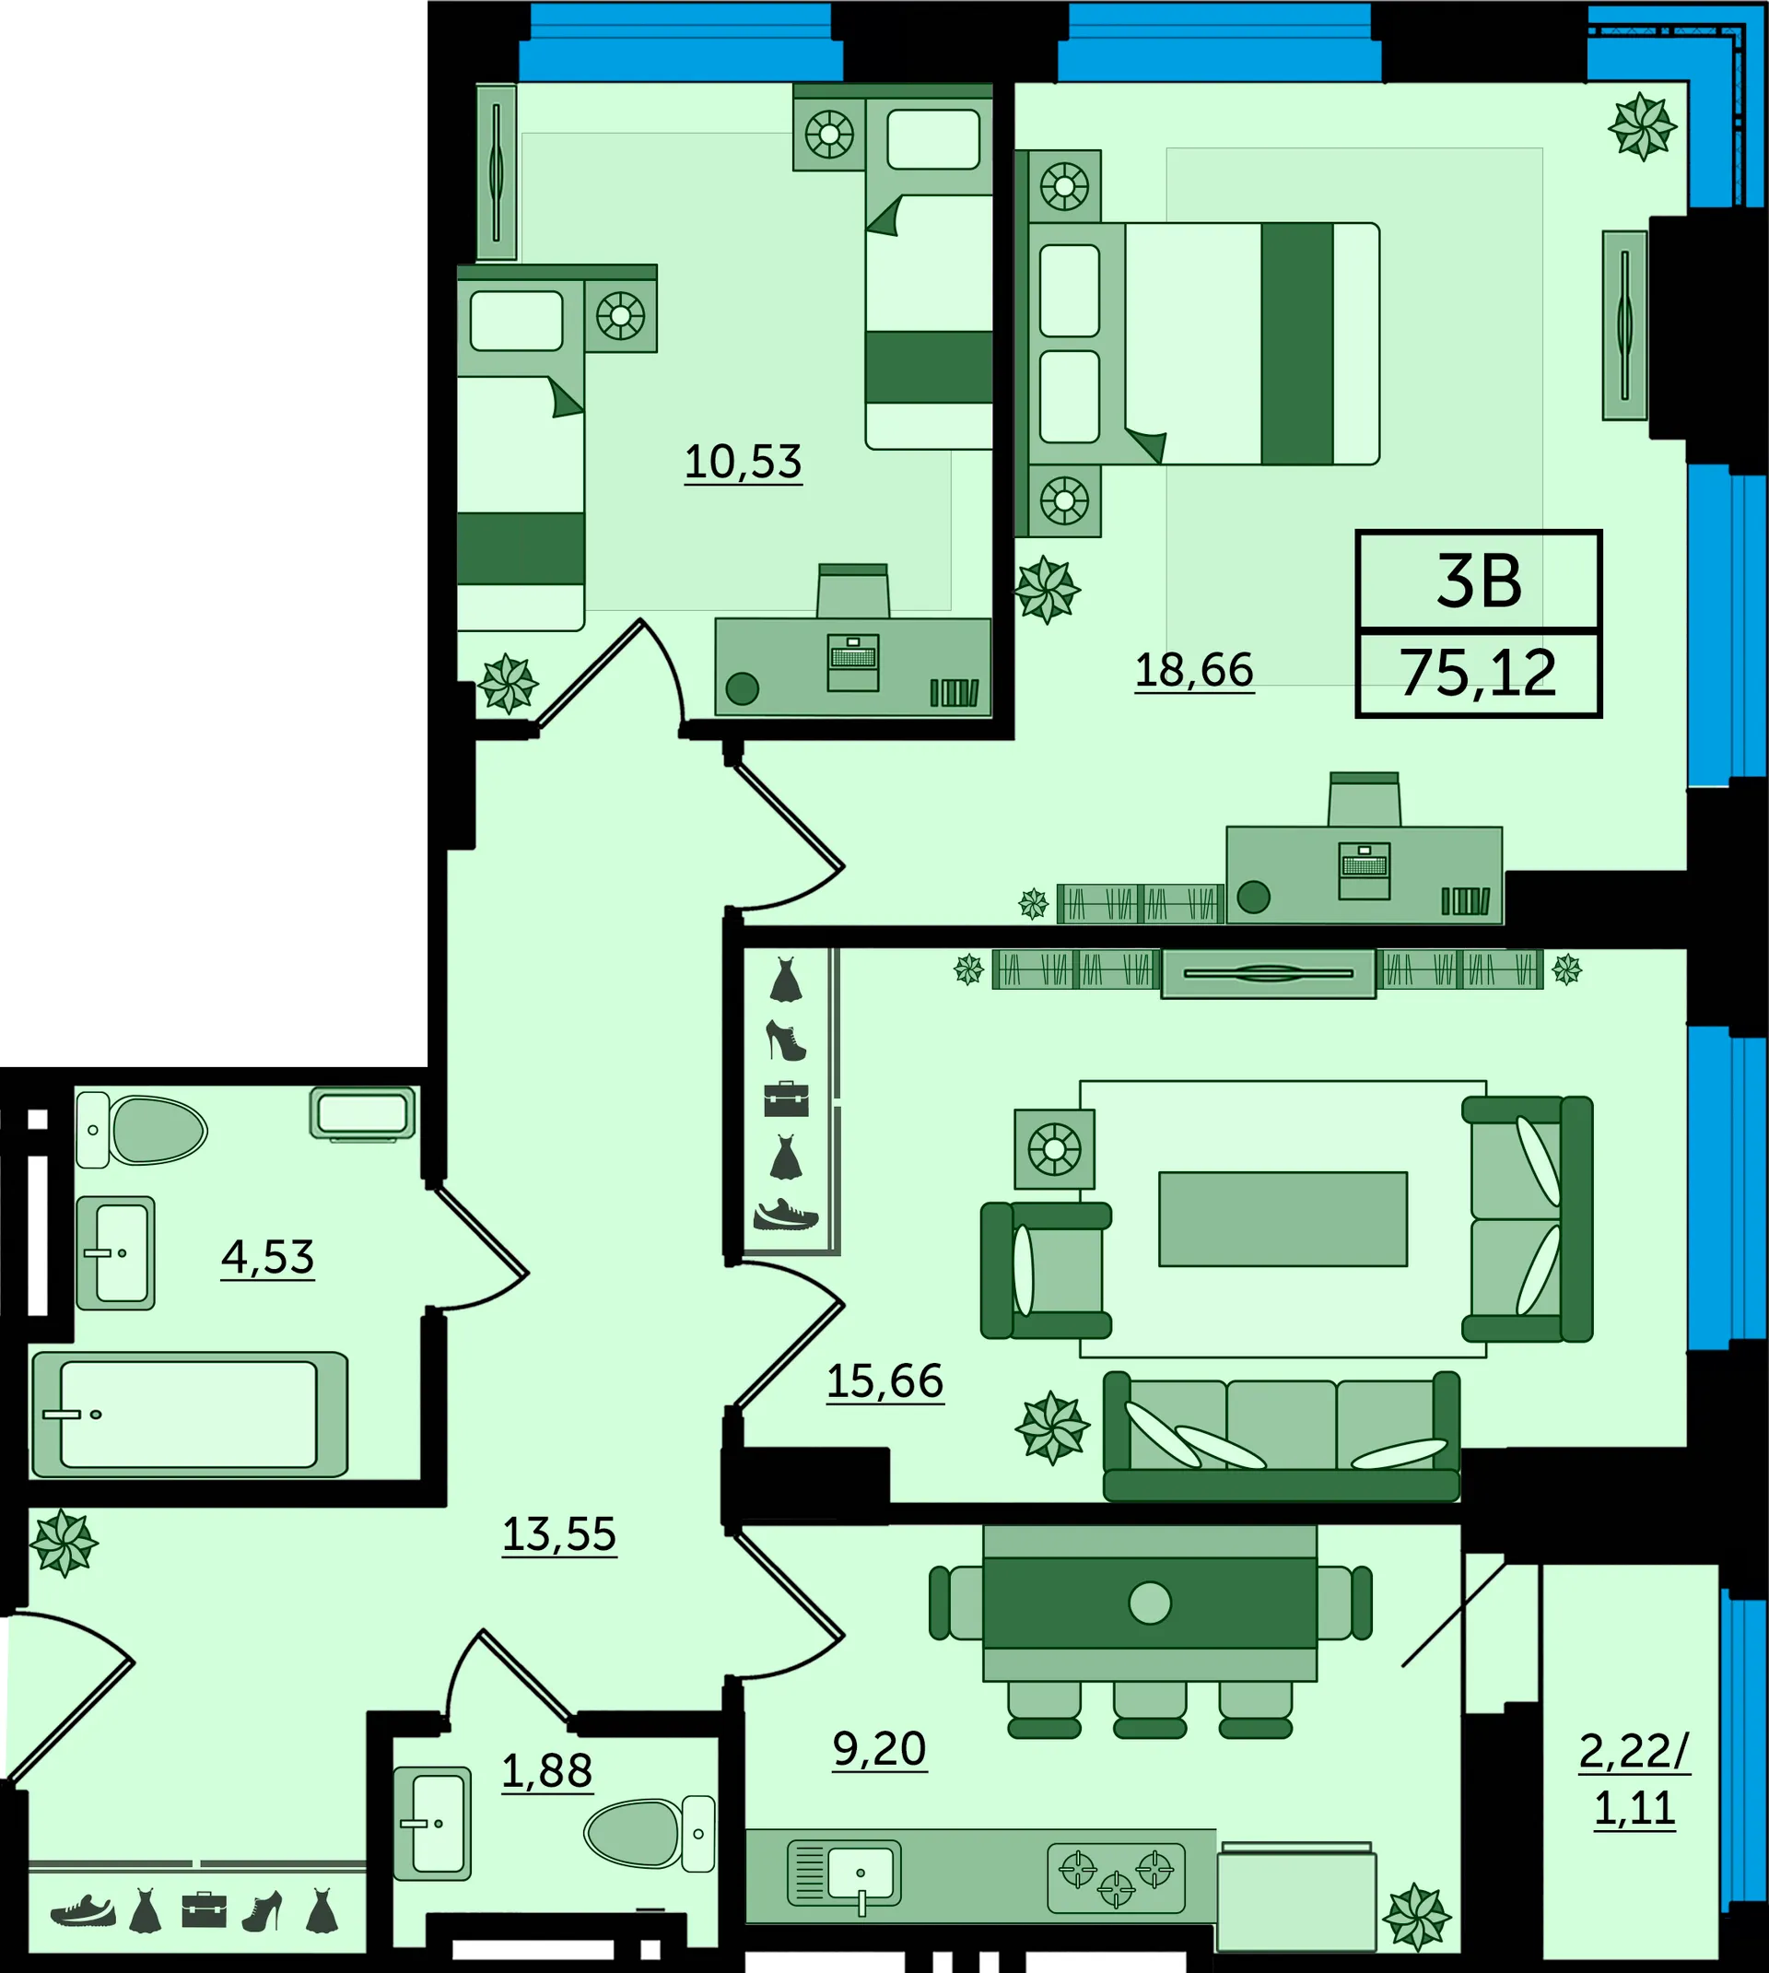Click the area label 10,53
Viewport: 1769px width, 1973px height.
pyautogui.click(x=744, y=463)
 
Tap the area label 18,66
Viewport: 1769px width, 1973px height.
pyautogui.click(x=1195, y=671)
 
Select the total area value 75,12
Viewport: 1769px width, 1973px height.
pyautogui.click(x=1479, y=674)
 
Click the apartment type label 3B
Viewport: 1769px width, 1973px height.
pyautogui.click(x=1480, y=582)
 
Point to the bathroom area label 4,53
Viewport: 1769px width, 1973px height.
pyautogui.click(x=267, y=1258)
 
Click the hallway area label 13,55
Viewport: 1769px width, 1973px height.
pyautogui.click(x=559, y=1535)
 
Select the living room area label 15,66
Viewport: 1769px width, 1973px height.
pyautogui.click(x=885, y=1382)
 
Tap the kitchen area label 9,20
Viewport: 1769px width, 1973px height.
pyautogui.click(x=880, y=1749)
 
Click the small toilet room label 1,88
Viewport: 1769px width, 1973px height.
pyautogui.click(x=547, y=1772)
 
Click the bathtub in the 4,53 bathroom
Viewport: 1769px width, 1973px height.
pyautogui.click(x=190, y=1415)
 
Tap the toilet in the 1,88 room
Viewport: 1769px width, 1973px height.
pyautogui.click(x=650, y=1833)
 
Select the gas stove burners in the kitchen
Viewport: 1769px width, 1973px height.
pyautogui.click(x=1117, y=1878)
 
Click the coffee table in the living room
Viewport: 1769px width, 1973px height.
pyautogui.click(x=1283, y=1219)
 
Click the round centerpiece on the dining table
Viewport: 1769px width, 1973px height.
pyautogui.click(x=1150, y=1603)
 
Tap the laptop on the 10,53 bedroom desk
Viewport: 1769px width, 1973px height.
pyautogui.click(x=853, y=663)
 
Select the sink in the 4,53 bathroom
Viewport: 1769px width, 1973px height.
pyautogui.click(x=116, y=1252)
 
